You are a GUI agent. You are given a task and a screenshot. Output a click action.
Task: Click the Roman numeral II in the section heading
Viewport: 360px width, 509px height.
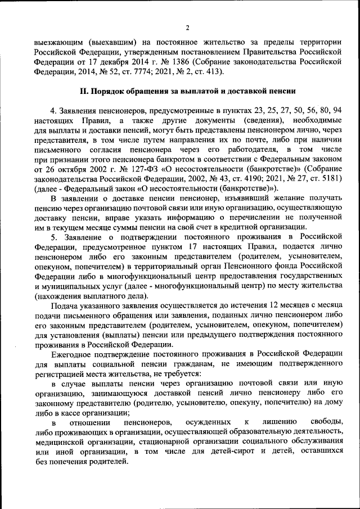(x=81, y=92)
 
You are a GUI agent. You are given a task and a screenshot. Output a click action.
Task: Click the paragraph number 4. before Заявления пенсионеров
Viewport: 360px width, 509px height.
(x=53, y=111)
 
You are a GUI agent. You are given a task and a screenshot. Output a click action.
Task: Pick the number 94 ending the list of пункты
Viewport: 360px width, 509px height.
(x=337, y=111)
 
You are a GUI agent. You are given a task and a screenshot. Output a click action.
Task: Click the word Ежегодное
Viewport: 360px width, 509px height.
(x=73, y=355)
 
